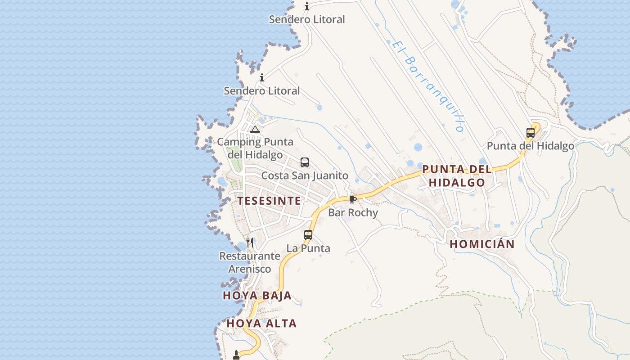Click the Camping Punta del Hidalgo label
tap(255, 148)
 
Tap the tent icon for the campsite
tap(255, 130)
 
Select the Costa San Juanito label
tap(305, 175)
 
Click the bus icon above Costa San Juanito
tap(305, 162)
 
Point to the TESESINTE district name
tap(269, 201)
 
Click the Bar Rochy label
tap(353, 212)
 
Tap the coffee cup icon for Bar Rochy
tap(352, 199)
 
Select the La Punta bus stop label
tap(308, 248)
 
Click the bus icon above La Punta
tap(308, 234)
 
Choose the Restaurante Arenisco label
tap(250, 262)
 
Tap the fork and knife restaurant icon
tap(250, 243)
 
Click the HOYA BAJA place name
tap(257, 296)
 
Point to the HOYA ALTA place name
tap(261, 323)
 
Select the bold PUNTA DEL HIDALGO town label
tap(456, 176)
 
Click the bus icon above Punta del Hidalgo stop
tap(531, 133)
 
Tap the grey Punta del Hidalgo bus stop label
tap(531, 146)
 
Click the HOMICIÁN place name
tap(482, 244)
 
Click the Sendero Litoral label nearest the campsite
tap(262, 91)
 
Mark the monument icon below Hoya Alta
tap(236, 355)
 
